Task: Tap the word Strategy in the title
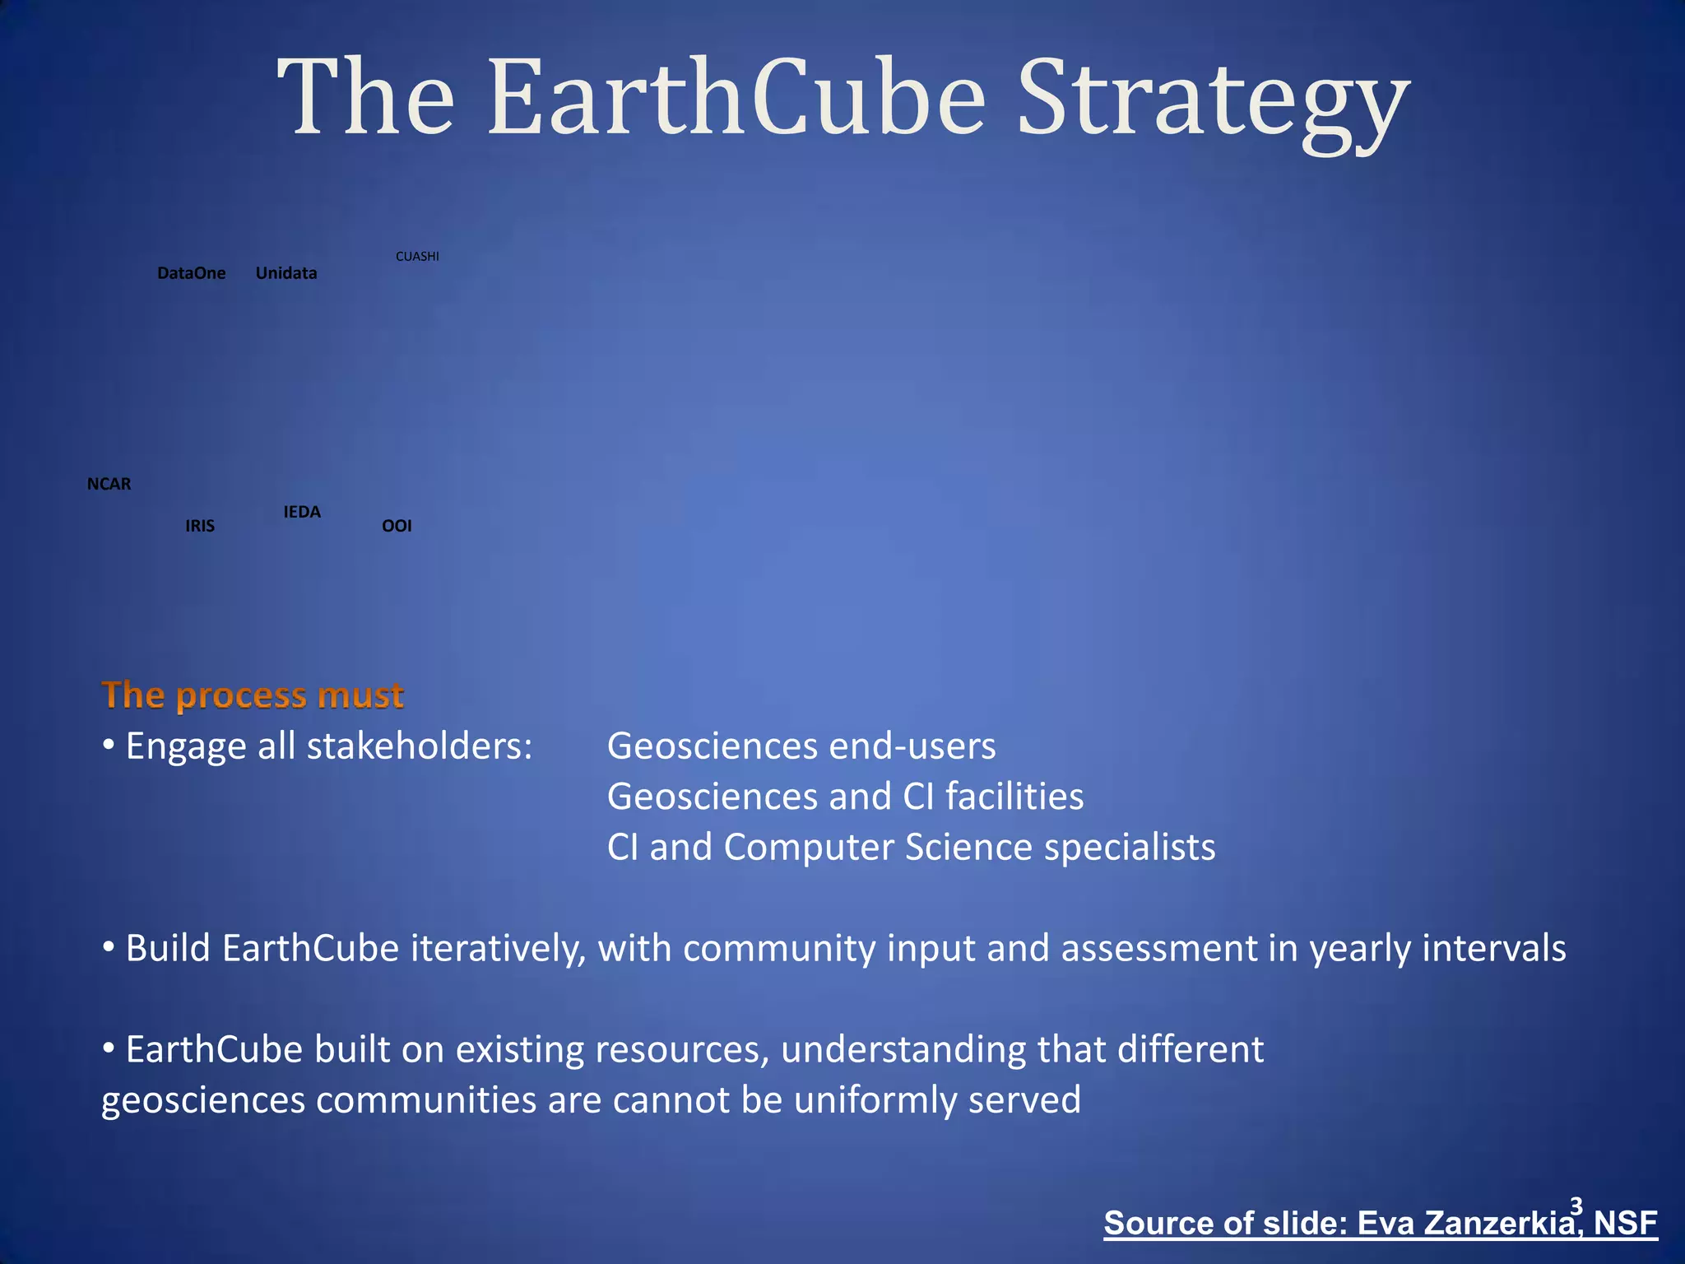click(1214, 103)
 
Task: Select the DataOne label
click(191, 273)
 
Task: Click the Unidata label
click(285, 273)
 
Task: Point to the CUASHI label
click(417, 257)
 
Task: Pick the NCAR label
click(109, 484)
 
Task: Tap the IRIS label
click(200, 526)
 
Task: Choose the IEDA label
click(302, 512)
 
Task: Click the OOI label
click(397, 526)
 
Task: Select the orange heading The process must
click(252, 695)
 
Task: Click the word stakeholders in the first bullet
click(420, 746)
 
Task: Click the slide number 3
click(1576, 1206)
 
